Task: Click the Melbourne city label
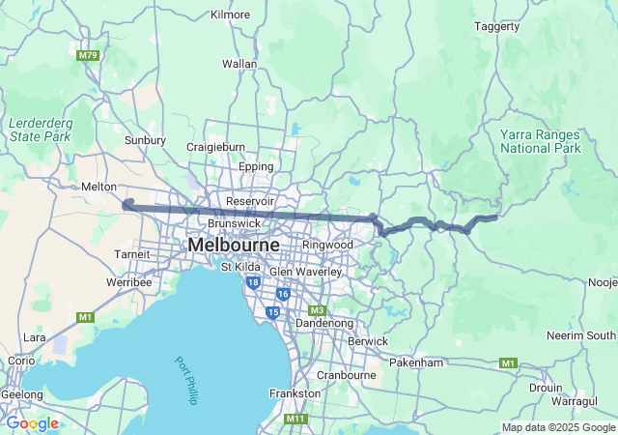[234, 246]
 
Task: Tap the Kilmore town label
[230, 14]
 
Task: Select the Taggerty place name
[497, 27]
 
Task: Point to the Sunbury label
[145, 139]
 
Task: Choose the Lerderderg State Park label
[40, 130]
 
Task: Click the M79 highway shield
[88, 55]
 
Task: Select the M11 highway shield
[296, 419]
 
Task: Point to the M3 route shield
[318, 310]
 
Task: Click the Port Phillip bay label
[186, 380]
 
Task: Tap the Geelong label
[21, 394]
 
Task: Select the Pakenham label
[416, 362]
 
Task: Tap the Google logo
[32, 423]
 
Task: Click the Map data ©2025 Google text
[558, 427]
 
